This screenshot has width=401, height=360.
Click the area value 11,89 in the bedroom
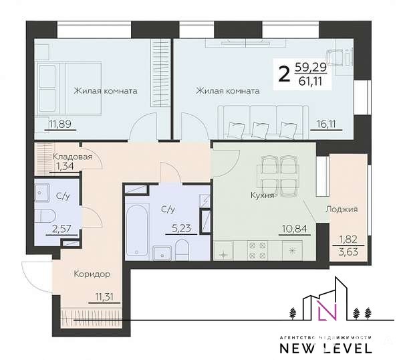pos(60,124)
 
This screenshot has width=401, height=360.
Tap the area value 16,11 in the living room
pos(326,124)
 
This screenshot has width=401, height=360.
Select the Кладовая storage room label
pos(72,157)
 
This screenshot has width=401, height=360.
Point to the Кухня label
pos(262,196)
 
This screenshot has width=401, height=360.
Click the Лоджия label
pos(342,209)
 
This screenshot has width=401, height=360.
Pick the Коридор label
pos(92,274)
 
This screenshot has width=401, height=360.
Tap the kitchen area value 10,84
pos(295,228)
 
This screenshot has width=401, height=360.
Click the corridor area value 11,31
pos(104,297)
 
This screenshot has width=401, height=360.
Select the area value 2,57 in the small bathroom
pos(61,228)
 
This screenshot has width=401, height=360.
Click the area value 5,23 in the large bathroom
pos(181,228)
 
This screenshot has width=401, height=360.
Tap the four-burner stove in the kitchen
pos(257,251)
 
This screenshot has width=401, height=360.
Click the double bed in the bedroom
pos(68,88)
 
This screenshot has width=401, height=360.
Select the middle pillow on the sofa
pos(259,130)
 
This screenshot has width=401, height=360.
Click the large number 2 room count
pos(285,74)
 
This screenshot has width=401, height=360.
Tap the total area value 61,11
pos(310,82)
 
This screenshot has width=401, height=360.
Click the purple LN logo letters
pos(327,310)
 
